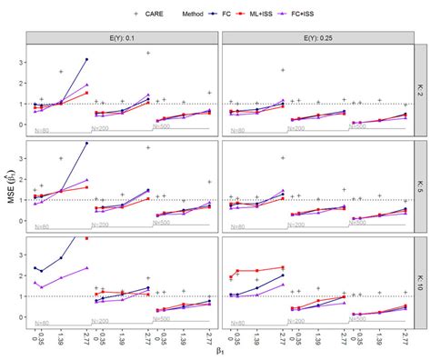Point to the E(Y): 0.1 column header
click(123, 37)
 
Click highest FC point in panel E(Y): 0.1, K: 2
click(86, 59)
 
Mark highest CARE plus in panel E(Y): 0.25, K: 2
click(283, 70)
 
